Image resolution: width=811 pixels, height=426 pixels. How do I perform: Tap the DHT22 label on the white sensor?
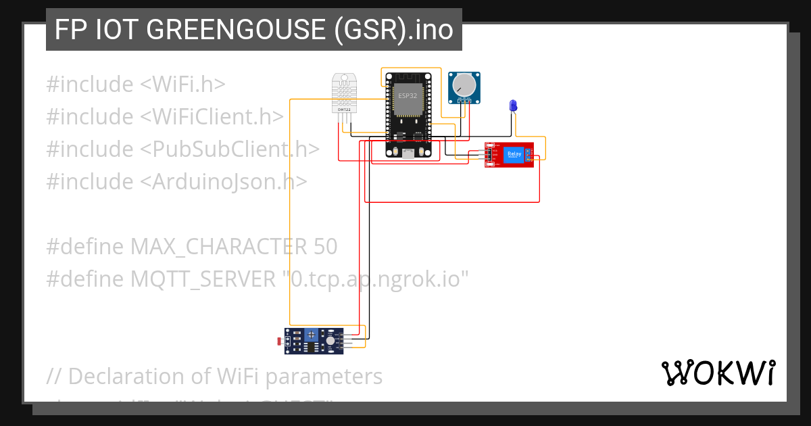[344, 108]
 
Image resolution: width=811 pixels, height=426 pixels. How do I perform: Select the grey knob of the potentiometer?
[464, 85]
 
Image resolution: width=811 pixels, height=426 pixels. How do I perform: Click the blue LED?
[513, 105]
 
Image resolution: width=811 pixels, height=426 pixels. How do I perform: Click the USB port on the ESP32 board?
[408, 154]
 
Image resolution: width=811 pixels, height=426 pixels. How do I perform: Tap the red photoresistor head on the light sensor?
[281, 341]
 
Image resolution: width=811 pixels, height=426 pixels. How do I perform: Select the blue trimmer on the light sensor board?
[311, 335]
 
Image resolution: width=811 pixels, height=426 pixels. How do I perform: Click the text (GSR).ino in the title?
[393, 30]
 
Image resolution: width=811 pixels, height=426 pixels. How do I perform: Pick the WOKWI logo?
[718, 373]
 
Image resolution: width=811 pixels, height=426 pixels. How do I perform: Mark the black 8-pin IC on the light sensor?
[312, 348]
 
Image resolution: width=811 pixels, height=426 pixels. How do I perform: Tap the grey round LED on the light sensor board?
[330, 342]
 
